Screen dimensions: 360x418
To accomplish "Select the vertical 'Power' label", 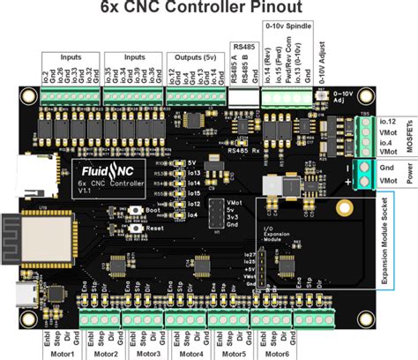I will [x=412, y=172].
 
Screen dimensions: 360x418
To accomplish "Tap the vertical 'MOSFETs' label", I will [x=412, y=133].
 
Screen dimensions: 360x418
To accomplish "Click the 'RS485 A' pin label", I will [x=235, y=77].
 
